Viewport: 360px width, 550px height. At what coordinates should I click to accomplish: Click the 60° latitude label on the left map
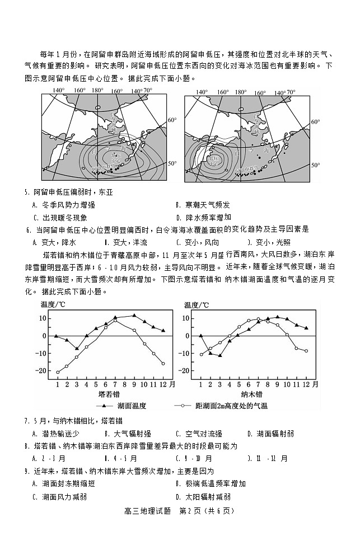tap(172, 119)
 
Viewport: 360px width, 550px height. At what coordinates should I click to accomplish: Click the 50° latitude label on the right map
tap(316, 166)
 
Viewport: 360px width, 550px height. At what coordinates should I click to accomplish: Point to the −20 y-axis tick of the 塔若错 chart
tap(43, 371)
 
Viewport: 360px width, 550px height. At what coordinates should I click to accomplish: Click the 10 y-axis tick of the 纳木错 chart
tap(189, 318)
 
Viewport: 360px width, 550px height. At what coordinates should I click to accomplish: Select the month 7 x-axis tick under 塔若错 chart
tap(115, 384)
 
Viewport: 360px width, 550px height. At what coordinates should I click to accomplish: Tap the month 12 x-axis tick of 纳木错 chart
tap(306, 384)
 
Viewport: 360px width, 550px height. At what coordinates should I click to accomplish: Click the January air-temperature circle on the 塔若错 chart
tap(58, 372)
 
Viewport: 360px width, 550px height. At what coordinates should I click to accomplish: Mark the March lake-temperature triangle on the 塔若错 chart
tap(77, 349)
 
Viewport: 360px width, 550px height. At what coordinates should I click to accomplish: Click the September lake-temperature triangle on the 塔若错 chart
tap(134, 316)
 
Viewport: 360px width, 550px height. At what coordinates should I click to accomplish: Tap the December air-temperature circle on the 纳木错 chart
tap(306, 351)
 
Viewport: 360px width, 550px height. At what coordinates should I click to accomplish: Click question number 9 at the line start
tap(26, 471)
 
